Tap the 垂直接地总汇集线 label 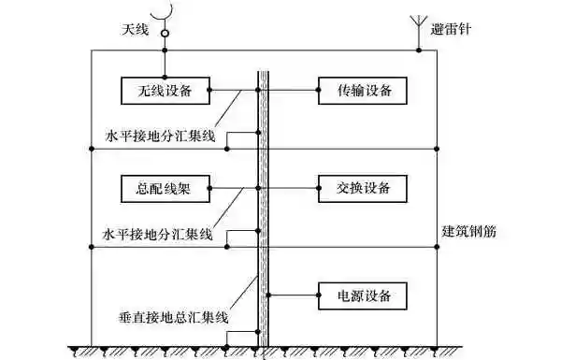175,319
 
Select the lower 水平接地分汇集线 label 160,232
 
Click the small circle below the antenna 165,35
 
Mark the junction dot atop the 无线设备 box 165,77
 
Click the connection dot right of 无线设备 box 209,91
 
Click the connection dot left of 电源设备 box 269,296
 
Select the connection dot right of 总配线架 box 209,187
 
